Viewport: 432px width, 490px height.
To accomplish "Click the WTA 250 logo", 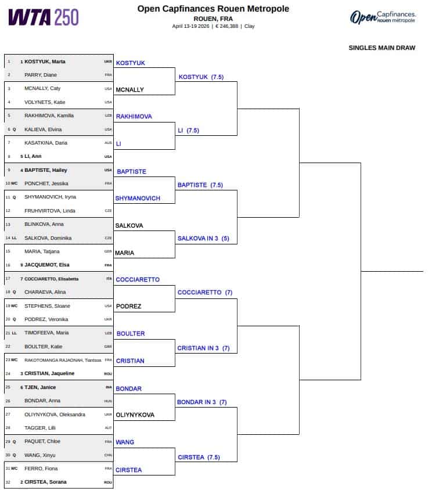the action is (43, 17).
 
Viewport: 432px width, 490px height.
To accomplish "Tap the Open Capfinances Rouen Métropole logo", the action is (383, 17).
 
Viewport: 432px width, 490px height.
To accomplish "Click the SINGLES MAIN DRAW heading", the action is (382, 48).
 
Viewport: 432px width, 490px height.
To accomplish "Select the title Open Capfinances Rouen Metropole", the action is (213, 9).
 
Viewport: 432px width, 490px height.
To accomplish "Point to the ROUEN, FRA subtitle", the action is (213, 19).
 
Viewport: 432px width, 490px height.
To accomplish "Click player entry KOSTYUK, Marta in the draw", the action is (45, 62).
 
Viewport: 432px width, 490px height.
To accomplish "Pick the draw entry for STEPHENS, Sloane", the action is (47, 306).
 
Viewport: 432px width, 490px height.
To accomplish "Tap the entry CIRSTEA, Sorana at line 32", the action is (45, 482).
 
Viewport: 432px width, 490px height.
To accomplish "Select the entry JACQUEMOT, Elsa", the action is (47, 265).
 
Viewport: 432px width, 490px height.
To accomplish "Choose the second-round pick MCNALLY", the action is (129, 90).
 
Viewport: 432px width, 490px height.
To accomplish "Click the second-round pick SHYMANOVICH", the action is (138, 199).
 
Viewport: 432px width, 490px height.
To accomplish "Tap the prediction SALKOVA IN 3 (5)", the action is (203, 239).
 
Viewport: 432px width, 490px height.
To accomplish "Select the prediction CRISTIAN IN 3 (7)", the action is (203, 348).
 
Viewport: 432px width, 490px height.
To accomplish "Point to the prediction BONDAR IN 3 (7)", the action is (201, 402).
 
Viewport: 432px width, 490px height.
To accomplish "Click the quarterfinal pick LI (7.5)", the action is (188, 130).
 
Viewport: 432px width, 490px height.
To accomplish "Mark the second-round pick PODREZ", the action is (128, 307).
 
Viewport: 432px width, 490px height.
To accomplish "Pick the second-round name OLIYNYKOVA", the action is (135, 415).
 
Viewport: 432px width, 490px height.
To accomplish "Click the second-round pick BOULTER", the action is (131, 334).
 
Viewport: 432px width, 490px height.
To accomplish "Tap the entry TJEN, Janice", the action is (40, 387).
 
